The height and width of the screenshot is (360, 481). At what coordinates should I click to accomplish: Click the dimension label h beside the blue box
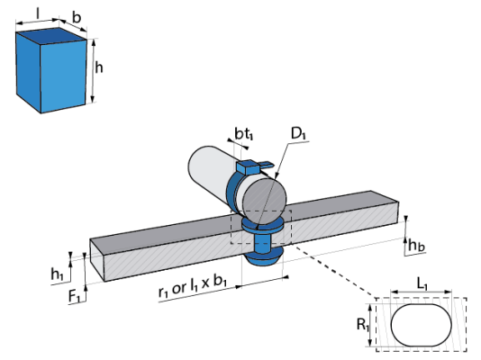pos(98,67)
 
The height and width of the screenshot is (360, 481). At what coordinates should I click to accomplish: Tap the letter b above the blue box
pos(77,17)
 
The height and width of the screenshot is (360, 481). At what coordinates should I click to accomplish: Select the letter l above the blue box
pos(38,13)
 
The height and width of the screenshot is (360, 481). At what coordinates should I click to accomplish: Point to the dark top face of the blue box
pos(51,36)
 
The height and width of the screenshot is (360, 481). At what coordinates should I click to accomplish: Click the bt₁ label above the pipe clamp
pos(244,134)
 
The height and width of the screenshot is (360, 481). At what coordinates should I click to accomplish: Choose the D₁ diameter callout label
pos(298,133)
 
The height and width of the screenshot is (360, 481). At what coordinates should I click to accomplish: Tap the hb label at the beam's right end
pos(416,246)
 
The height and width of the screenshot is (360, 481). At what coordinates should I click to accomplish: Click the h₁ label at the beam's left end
pos(57,274)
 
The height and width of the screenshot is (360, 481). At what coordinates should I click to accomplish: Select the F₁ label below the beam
pos(74,296)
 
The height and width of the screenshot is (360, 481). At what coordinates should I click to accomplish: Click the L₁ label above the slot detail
pos(422,284)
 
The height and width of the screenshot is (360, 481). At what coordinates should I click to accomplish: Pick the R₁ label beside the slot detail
pos(362,325)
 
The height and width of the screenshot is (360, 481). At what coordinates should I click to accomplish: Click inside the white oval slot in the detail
pos(422,325)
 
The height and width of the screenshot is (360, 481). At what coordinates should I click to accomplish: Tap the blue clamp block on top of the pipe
pos(247,167)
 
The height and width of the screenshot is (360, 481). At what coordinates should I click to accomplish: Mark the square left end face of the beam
pos(97,260)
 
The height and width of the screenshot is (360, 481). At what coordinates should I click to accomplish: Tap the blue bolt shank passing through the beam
pos(263,243)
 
